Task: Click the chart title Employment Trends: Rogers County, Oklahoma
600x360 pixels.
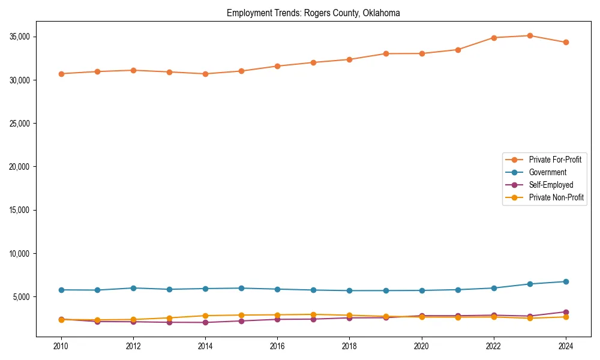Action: coord(313,13)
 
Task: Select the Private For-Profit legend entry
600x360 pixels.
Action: coord(555,160)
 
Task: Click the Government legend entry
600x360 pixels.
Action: coord(547,172)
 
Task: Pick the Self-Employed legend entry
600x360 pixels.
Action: coord(551,185)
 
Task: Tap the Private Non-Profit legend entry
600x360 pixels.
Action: coord(556,197)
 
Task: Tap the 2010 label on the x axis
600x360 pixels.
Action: coord(61,346)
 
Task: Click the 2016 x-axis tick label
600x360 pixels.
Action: coord(277,346)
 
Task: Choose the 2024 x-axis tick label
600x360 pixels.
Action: coord(566,346)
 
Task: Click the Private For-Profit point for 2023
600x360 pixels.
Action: coord(530,35)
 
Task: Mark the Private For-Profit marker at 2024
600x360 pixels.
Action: coord(566,42)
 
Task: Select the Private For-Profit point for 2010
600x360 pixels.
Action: coord(61,74)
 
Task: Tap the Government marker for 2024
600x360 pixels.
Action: coord(566,281)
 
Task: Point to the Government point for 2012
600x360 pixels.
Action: coord(133,288)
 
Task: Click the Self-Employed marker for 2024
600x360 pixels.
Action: coord(566,312)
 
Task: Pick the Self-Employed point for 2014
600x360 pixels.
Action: coord(205,322)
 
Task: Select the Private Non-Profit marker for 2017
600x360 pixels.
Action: coord(313,314)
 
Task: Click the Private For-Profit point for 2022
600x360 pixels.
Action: coord(494,38)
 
